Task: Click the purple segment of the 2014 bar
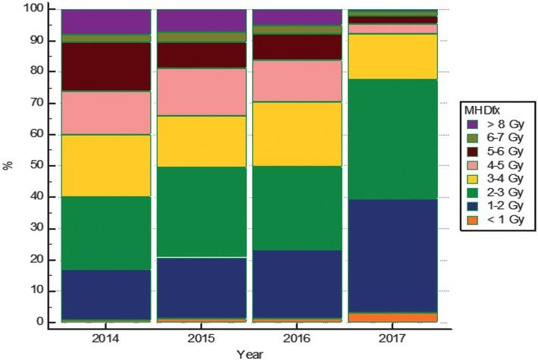[106, 22]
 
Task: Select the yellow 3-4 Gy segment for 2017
[393, 56]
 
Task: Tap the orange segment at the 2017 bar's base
[393, 318]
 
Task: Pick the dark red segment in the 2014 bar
[106, 67]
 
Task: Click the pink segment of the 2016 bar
[297, 80]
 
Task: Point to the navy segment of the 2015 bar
[202, 287]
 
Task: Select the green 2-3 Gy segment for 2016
[297, 208]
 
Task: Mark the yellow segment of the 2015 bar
[202, 142]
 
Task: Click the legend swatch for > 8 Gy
[473, 124]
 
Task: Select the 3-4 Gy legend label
[505, 178]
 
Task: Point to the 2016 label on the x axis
[296, 339]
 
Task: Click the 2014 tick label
[105, 339]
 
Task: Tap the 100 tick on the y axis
[33, 8]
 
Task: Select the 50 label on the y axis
[37, 165]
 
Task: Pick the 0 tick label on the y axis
[40, 321]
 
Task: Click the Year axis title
[250, 354]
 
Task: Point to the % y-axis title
[8, 165]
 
